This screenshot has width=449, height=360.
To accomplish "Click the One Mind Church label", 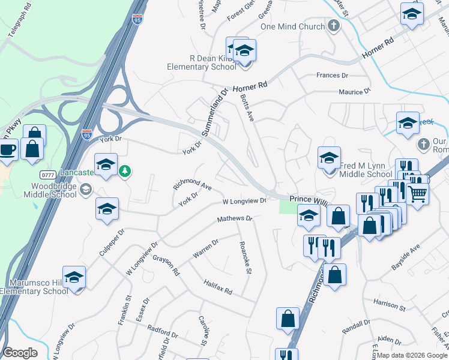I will [292, 26].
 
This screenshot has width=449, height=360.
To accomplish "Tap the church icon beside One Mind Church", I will [334, 26].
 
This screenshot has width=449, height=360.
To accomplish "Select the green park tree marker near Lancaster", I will [125, 172].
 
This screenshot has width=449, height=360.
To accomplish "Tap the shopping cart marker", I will [417, 193].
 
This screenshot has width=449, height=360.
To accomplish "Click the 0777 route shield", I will [49, 175].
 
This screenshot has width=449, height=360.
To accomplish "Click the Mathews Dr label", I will [235, 219].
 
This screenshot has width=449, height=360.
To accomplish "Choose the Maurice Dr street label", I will [355, 92].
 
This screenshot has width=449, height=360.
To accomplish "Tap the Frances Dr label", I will [332, 76].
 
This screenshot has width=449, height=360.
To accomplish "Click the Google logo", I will [20, 353].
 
